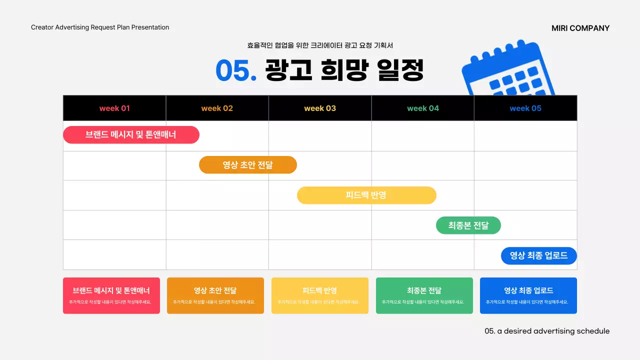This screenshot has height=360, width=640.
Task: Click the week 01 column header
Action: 114,108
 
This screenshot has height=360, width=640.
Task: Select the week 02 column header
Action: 217,108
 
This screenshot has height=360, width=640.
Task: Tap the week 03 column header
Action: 320,108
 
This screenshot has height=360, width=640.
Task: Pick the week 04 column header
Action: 423,108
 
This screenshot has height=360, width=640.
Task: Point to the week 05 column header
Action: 525,108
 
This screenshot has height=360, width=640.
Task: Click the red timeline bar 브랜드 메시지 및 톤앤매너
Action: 131,135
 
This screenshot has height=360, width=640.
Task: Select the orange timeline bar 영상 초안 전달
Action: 248,165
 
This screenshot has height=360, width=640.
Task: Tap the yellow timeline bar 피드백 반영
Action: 366,195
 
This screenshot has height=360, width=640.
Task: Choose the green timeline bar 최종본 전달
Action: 468,225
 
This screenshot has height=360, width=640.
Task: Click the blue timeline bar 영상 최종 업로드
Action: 538,256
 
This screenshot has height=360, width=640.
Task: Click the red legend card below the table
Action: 111,295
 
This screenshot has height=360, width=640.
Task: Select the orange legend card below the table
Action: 215,295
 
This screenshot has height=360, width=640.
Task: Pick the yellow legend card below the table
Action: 320,295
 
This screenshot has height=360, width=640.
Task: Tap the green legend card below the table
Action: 424,295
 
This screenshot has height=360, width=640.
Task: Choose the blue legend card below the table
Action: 528,295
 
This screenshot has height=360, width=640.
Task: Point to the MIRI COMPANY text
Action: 580,28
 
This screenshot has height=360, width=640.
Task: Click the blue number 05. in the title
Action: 236,71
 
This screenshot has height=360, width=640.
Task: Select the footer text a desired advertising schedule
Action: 547,331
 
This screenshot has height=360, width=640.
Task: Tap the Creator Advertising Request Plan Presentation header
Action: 100,27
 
